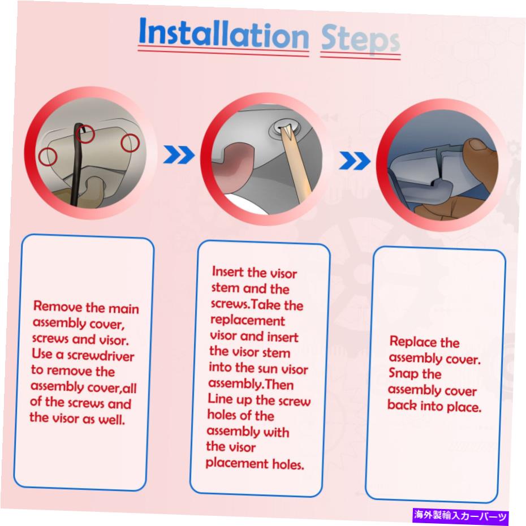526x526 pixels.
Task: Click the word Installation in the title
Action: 223,33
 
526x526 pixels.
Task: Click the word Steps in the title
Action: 360,40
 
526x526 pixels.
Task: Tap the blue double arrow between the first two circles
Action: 179,154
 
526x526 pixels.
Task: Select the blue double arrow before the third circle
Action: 355,161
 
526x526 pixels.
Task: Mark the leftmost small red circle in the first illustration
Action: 48,157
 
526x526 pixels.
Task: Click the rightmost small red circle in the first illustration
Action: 130,143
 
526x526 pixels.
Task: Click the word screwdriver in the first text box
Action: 101,356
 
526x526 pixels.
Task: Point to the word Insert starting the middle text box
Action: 228,271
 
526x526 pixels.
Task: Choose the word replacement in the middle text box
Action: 247,321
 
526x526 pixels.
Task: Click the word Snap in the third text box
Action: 404,373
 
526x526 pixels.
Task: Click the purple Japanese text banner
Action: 461,515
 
